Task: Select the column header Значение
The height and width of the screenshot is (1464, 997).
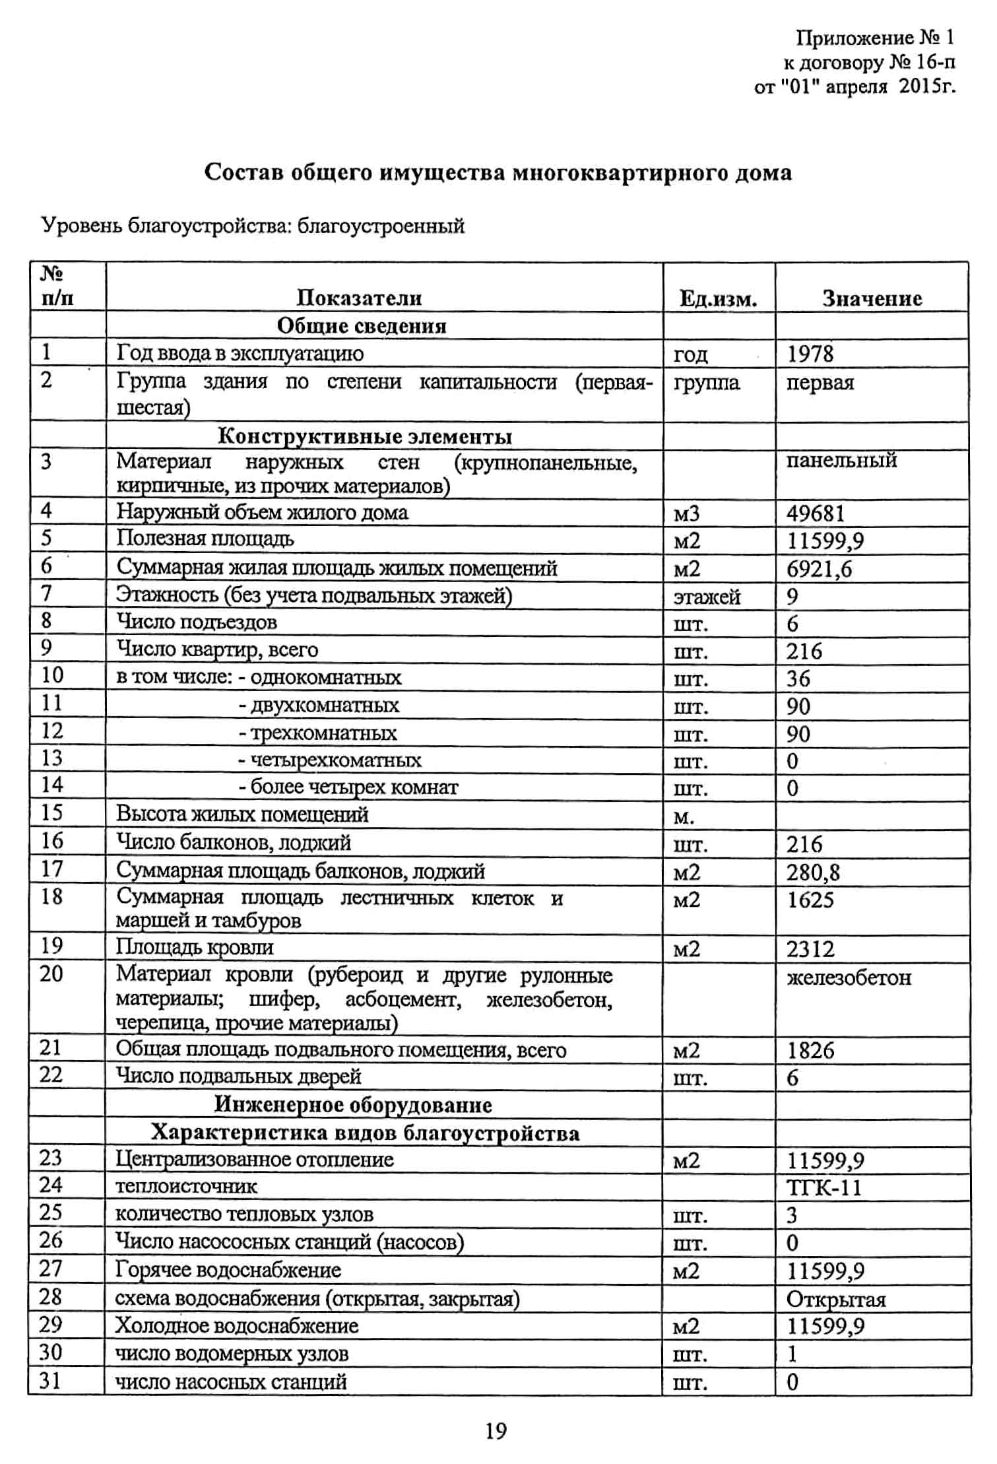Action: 871,298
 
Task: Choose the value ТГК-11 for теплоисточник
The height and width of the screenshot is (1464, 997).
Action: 823,1187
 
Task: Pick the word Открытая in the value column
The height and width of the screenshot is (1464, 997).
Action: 835,1299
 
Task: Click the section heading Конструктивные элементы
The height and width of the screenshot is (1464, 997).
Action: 365,436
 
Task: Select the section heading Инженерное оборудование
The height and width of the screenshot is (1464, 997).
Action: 353,1105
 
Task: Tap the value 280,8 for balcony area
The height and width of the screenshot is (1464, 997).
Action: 812,873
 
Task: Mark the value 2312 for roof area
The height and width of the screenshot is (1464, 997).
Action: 810,948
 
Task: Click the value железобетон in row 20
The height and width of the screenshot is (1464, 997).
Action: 848,977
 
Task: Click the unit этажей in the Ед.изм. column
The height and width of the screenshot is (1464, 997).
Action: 707,597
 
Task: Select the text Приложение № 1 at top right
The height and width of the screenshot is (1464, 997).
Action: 874,38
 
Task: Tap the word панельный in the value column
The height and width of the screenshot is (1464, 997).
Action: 841,460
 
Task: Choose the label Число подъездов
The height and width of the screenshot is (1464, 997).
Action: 197,622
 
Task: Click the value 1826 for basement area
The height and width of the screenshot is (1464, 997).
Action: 810,1050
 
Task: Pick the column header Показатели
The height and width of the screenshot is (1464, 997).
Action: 359,298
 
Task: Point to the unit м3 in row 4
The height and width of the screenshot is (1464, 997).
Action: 686,514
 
